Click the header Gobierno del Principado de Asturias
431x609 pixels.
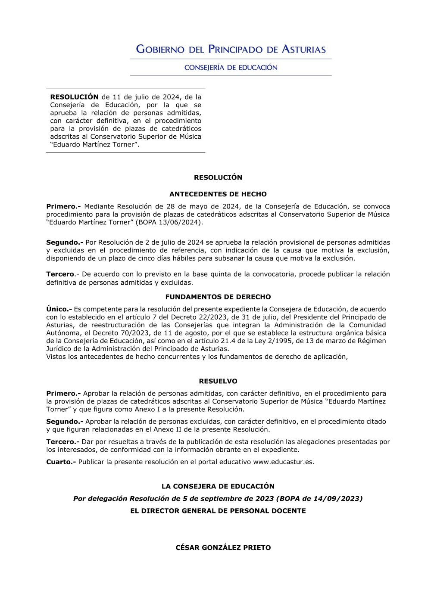[231, 49]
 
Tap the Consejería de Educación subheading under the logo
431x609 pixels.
[231, 68]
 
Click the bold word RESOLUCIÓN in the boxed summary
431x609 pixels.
[74, 97]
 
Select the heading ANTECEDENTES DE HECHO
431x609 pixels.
[218, 194]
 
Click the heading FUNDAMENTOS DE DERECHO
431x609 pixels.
[218, 297]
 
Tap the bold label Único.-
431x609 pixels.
[59, 309]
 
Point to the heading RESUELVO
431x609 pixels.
[218, 381]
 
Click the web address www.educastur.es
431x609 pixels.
[283, 462]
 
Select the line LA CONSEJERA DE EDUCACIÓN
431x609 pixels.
[218, 486]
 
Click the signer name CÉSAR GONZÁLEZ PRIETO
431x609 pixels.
[223, 548]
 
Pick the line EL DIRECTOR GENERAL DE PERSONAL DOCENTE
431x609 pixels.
[218, 511]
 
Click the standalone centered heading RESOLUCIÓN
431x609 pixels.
[218, 177]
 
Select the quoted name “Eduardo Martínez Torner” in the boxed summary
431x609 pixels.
[94, 145]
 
